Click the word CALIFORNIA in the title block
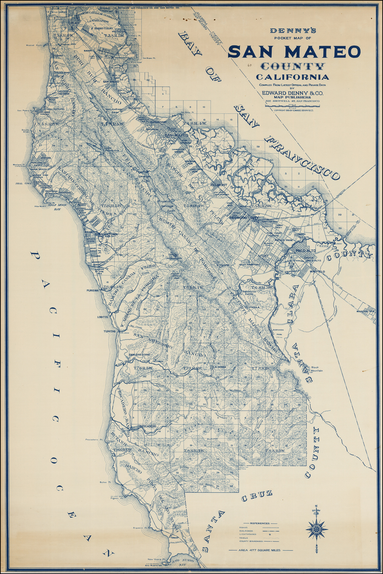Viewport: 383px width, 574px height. [292, 77]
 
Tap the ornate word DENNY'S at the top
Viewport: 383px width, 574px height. [293, 31]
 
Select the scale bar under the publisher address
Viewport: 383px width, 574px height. [292, 106]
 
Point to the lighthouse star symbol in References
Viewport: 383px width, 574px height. [269, 534]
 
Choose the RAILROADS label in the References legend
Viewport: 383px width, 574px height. [246, 531]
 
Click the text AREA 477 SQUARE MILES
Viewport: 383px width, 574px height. [260, 550]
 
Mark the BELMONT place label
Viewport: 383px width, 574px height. [219, 185]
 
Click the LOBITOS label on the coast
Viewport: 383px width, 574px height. [102, 317]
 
